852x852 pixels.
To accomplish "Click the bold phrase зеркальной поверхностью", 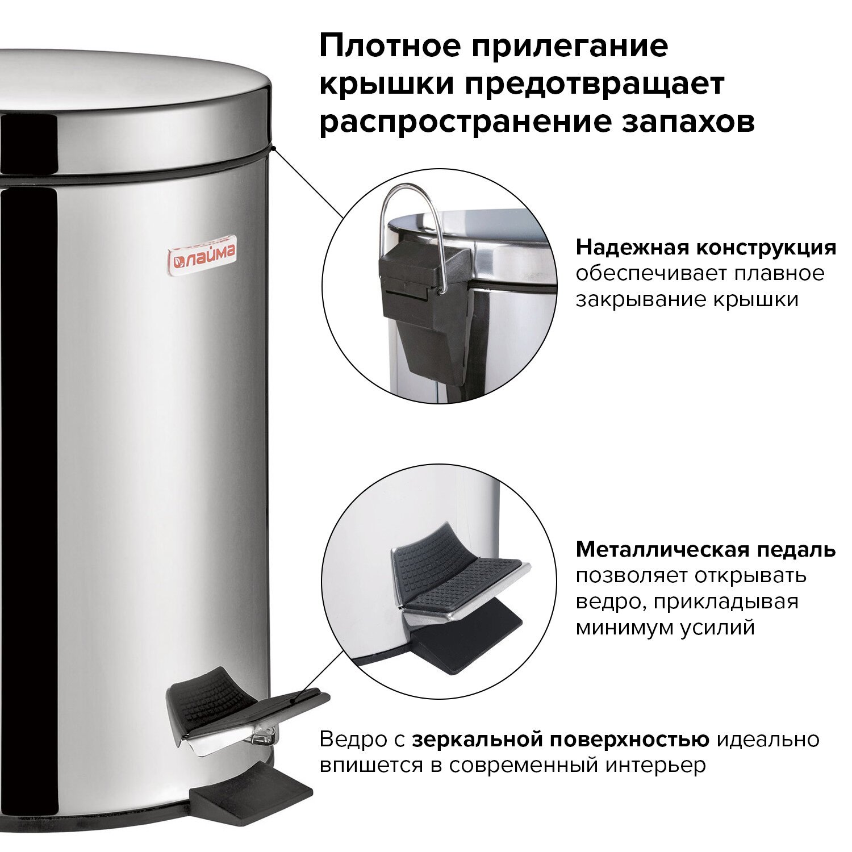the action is coord(561,740).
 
